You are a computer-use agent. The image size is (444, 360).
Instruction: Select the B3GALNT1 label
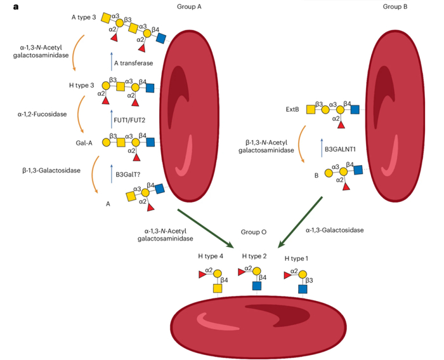tap(343, 150)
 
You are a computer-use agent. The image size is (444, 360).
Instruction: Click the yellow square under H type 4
tap(217, 288)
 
